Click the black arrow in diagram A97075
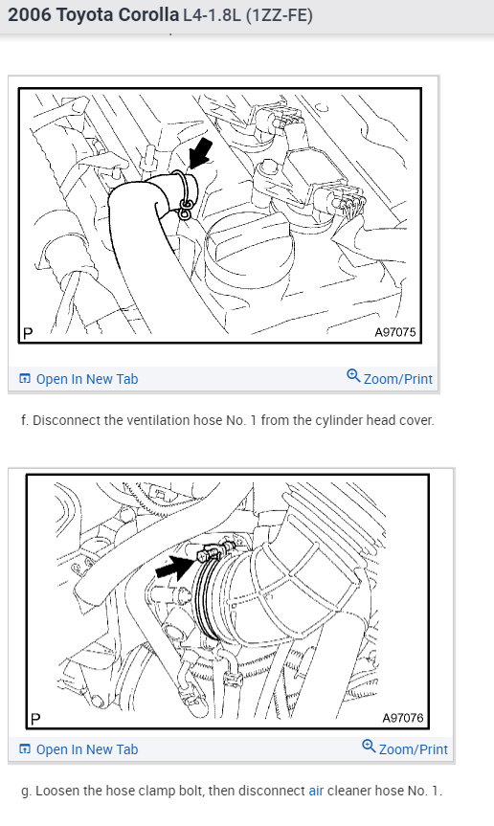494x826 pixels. pyautogui.click(x=201, y=153)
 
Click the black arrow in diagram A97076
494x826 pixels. pyautogui.click(x=175, y=568)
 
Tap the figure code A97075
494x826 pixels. pyautogui.click(x=395, y=332)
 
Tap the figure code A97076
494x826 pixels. pyautogui.click(x=403, y=718)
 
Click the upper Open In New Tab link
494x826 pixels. pyautogui.click(x=87, y=379)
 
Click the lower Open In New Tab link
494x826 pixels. pyautogui.click(x=87, y=749)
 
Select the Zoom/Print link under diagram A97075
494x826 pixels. pyautogui.click(x=398, y=379)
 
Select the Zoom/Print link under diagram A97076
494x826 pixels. pyautogui.click(x=414, y=749)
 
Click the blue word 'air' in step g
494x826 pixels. pyautogui.click(x=316, y=791)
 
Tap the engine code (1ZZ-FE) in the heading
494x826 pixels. pyautogui.click(x=280, y=14)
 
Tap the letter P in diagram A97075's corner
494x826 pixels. pyautogui.click(x=29, y=333)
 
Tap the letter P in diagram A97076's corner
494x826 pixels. pyautogui.click(x=35, y=719)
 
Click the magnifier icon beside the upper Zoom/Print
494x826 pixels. pyautogui.click(x=353, y=376)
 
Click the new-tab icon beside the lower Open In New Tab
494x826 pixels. pyautogui.click(x=24, y=748)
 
